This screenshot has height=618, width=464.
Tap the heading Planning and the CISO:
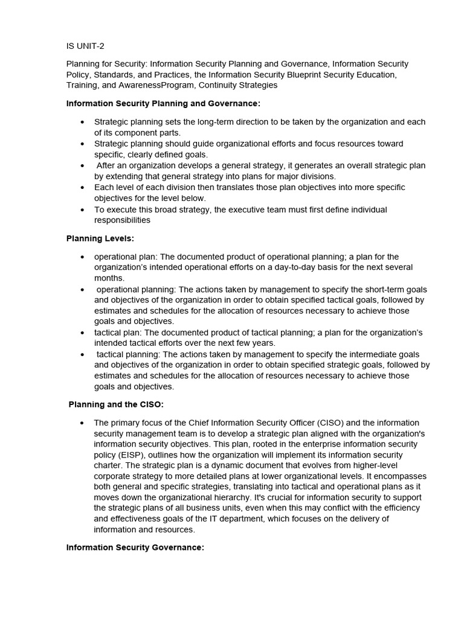pyautogui.click(x=116, y=404)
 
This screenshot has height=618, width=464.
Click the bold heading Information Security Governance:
pyautogui.click(x=135, y=547)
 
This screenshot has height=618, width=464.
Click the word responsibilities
pyautogui.click(x=122, y=220)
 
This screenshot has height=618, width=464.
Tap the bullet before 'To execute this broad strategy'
pyautogui.click(x=82, y=209)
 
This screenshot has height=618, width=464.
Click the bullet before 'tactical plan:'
pyautogui.click(x=82, y=333)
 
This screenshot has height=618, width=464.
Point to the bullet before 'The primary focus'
pyautogui.click(x=82, y=422)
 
